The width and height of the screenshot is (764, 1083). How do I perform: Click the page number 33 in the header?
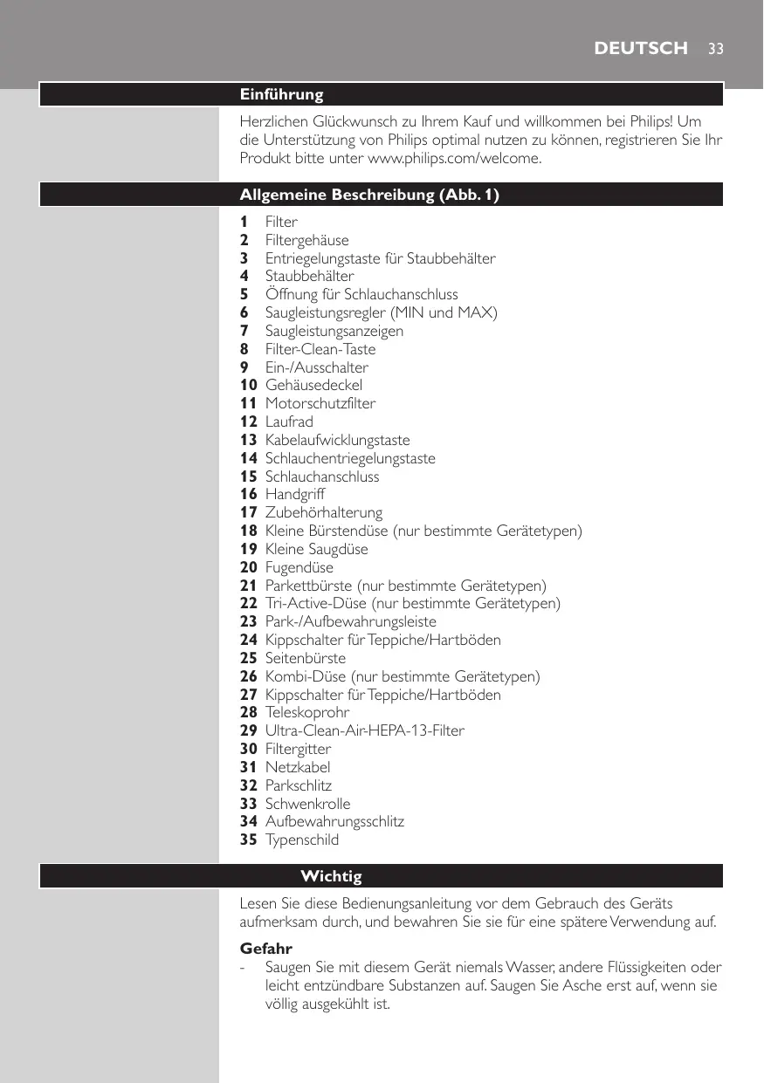pyautogui.click(x=715, y=49)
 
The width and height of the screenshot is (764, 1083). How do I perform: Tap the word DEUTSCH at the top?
pyautogui.click(x=640, y=49)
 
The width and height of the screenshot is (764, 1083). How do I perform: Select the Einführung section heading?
pyautogui.click(x=281, y=94)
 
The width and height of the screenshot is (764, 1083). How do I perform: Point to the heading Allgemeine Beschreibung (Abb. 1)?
pyautogui.click(x=369, y=195)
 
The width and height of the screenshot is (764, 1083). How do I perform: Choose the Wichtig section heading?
pyautogui.click(x=331, y=875)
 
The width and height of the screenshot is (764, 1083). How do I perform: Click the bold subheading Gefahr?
pyautogui.click(x=265, y=948)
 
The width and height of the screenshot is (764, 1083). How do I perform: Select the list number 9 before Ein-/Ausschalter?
pyautogui.click(x=244, y=367)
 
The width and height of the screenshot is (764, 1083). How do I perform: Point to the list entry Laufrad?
pyautogui.click(x=289, y=422)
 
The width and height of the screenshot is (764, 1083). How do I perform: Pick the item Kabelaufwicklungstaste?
pyautogui.click(x=337, y=440)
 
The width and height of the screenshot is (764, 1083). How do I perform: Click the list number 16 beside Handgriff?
pyautogui.click(x=248, y=495)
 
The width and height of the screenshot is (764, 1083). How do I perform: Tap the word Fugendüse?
pyautogui.click(x=299, y=567)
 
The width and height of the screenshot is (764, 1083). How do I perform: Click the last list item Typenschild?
pyautogui.click(x=302, y=840)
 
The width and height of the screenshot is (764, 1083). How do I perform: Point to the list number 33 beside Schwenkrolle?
pyautogui.click(x=248, y=804)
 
